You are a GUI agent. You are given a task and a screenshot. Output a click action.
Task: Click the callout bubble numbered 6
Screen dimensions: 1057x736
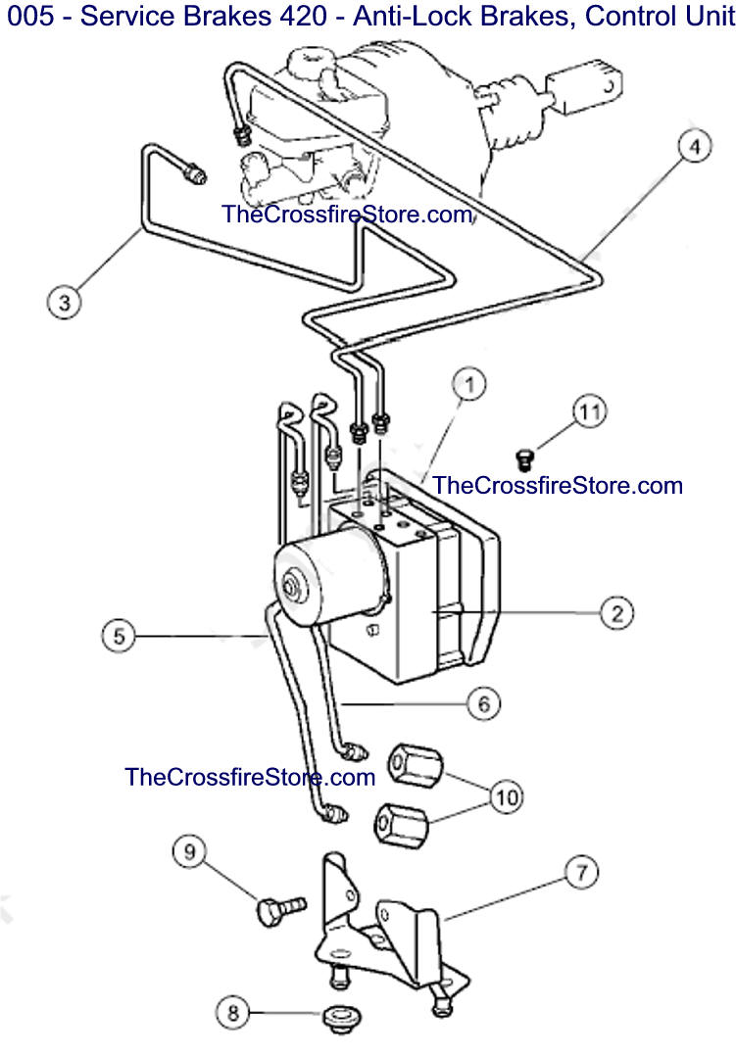(482, 702)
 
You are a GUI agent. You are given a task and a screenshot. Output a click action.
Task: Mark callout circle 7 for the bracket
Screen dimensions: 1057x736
(580, 870)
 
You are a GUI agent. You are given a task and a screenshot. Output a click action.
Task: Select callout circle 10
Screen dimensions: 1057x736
(507, 796)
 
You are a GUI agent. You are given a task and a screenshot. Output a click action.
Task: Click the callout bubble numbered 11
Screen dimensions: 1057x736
(589, 412)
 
